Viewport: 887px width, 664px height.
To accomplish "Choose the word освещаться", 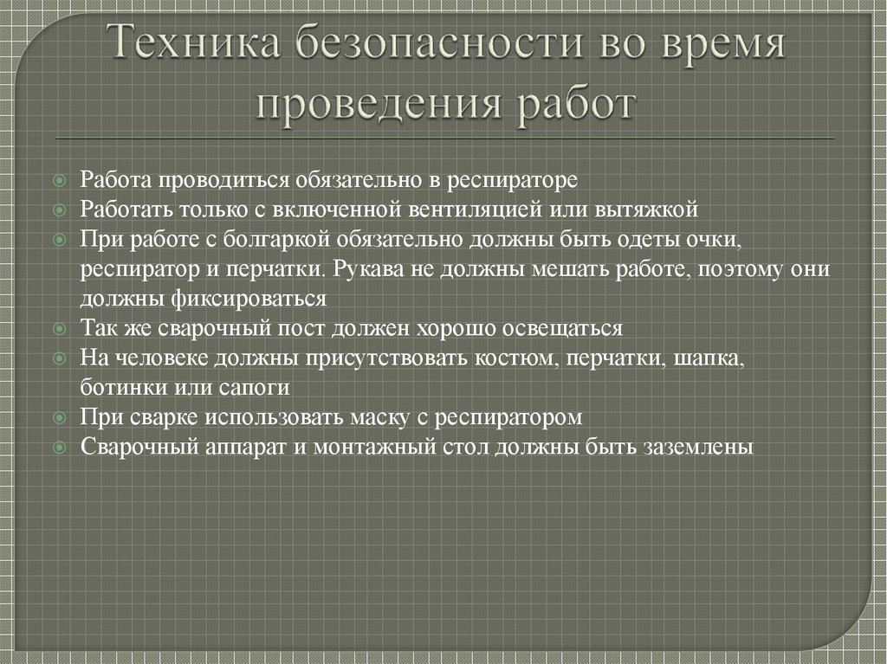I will [x=566, y=329].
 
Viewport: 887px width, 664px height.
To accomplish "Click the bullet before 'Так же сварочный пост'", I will [x=58, y=330].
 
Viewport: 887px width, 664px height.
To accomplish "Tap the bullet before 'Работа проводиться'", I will [x=58, y=181].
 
